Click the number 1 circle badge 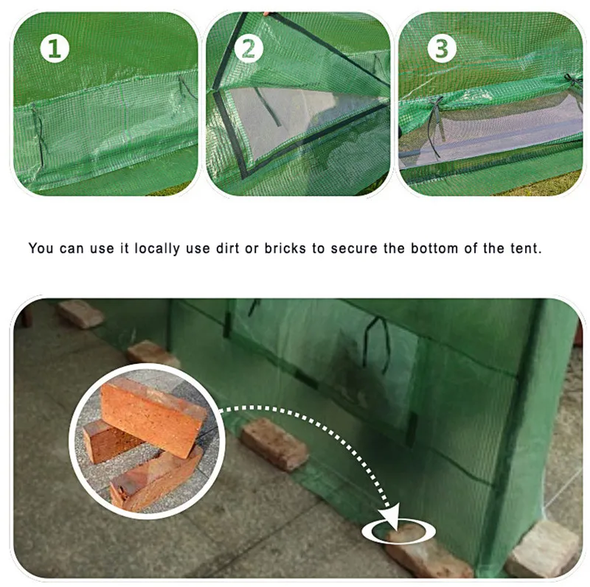click(x=55, y=49)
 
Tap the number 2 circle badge click(x=249, y=49)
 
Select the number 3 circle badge click(x=442, y=49)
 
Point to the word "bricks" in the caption click(x=285, y=248)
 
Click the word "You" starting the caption click(x=41, y=248)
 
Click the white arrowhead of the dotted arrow click(x=392, y=519)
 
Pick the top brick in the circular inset click(x=153, y=415)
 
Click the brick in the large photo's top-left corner click(x=80, y=314)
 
